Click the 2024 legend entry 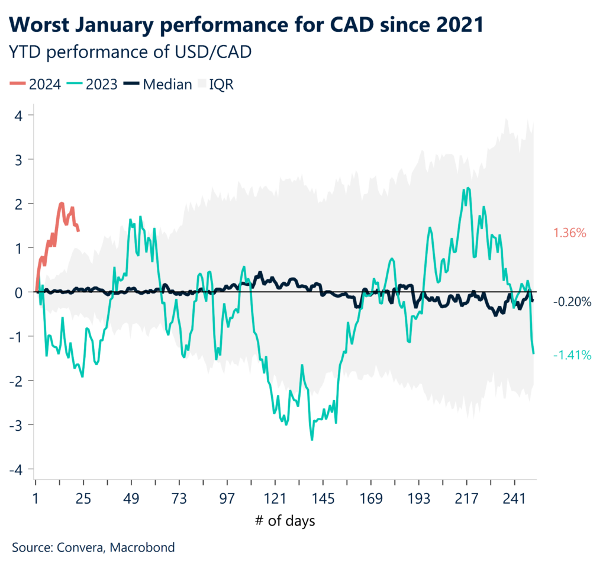pyautogui.click(x=37, y=84)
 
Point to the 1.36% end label pyautogui.click(x=569, y=233)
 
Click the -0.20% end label pyautogui.click(x=572, y=302)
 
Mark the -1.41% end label pyautogui.click(x=572, y=355)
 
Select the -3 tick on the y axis pyautogui.click(x=17, y=425)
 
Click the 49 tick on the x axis pyautogui.click(x=131, y=499)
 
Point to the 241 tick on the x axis pyautogui.click(x=514, y=499)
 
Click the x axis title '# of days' pyautogui.click(x=285, y=521)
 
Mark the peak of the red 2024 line pyautogui.click(x=62, y=204)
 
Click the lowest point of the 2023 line pyautogui.click(x=312, y=439)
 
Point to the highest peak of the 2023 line pyautogui.click(x=469, y=188)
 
